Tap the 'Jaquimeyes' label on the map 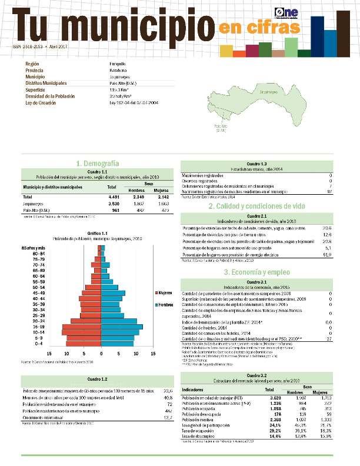click(x=268, y=92)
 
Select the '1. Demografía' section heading click(x=98, y=163)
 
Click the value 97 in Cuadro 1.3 click(x=329, y=192)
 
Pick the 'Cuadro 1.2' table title click(x=97, y=380)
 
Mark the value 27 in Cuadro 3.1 click(x=329, y=339)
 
